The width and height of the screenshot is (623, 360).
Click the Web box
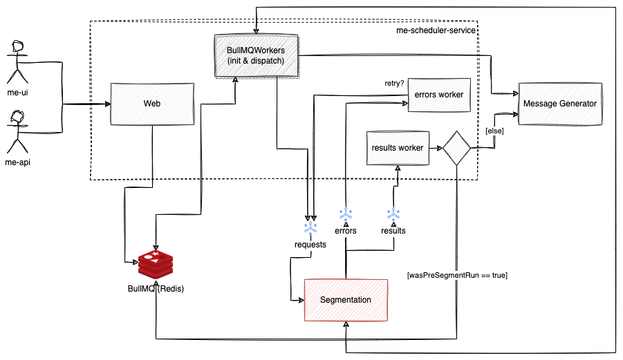152,104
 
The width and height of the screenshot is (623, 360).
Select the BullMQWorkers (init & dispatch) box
256,55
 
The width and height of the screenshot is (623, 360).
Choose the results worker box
397,147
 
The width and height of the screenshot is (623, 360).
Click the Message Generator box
560,104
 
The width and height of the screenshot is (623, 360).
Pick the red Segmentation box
346,300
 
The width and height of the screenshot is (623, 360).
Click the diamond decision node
457,148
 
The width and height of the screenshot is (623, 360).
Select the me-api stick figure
18,131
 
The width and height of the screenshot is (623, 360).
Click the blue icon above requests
310,228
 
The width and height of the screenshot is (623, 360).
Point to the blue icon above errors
345,214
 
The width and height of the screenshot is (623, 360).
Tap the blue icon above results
393,214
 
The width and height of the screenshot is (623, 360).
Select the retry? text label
395,84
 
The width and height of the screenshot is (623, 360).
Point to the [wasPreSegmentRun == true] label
458,275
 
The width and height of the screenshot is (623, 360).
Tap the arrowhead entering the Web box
106,104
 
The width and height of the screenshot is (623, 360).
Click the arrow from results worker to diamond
435,148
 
